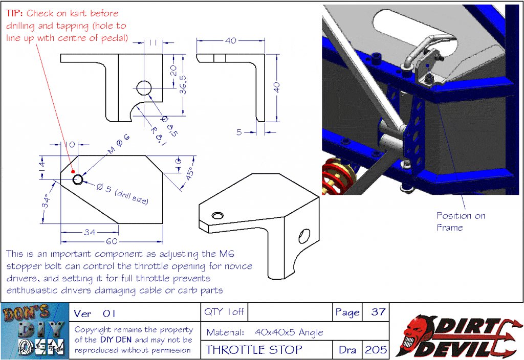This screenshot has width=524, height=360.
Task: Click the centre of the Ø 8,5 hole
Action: pyautogui.click(x=144, y=88)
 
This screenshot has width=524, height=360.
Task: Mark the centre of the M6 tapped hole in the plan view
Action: pyautogui.click(x=78, y=179)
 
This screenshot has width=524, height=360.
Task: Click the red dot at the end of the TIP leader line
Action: pyautogui.click(x=73, y=171)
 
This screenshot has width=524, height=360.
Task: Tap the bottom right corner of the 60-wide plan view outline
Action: pyautogui.click(x=163, y=223)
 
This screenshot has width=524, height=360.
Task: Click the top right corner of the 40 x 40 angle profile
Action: pyautogui.click(x=265, y=54)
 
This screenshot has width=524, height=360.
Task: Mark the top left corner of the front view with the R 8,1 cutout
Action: pyautogui.click(x=61, y=54)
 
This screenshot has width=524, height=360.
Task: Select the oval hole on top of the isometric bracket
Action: pyautogui.click(x=217, y=215)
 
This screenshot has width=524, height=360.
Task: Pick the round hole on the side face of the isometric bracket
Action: pyautogui.click(x=304, y=236)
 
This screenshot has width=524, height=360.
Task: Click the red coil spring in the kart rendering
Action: pyautogui.click(x=339, y=176)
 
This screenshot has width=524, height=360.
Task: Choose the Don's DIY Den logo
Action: pyautogui.click(x=35, y=331)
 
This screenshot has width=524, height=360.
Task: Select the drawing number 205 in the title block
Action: pyautogui.click(x=376, y=350)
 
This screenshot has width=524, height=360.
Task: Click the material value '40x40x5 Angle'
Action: pyautogui.click(x=289, y=332)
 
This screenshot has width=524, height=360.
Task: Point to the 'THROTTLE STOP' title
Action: pyautogui.click(x=254, y=350)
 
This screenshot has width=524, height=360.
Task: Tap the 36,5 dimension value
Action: pyautogui.click(x=183, y=84)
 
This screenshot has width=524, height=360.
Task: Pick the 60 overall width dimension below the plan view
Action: pyautogui.click(x=112, y=241)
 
